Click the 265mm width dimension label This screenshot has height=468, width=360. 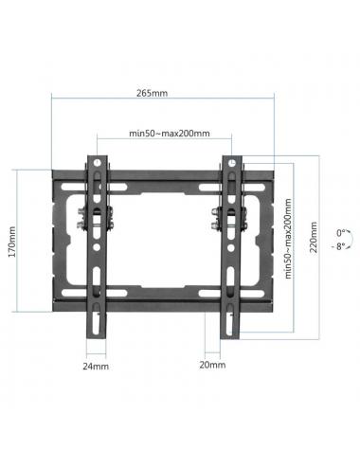tap(152, 93)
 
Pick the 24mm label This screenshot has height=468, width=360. tap(94, 364)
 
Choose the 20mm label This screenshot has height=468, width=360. tap(212, 364)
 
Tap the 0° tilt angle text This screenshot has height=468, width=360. tap(339, 231)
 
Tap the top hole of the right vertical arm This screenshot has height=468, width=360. tap(230, 162)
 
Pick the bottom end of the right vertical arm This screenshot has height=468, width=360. tap(229, 333)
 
